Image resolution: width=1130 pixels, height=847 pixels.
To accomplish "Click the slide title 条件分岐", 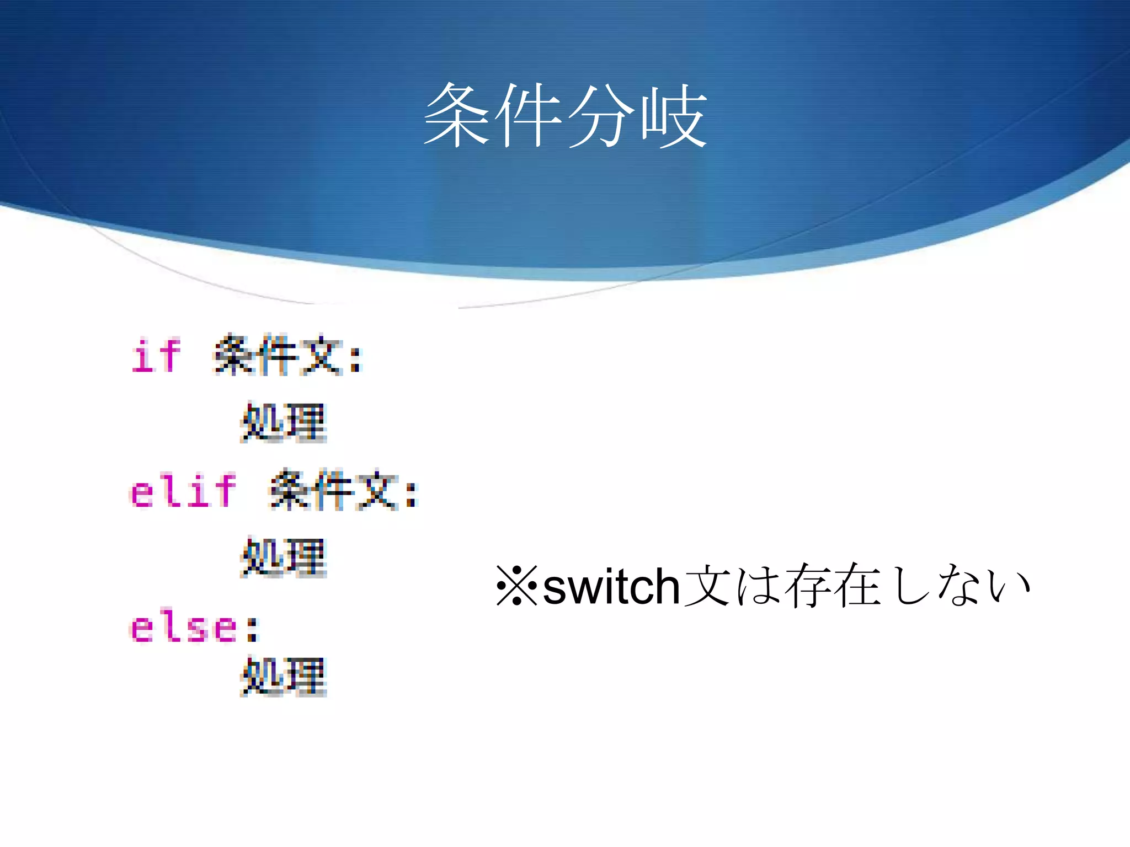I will tap(565, 116).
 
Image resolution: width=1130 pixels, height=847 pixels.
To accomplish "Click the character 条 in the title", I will tap(457, 116).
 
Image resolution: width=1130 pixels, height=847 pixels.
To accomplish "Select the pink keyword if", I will tap(156, 356).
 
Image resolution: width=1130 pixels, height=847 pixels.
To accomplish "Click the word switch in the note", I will tap(611, 587).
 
